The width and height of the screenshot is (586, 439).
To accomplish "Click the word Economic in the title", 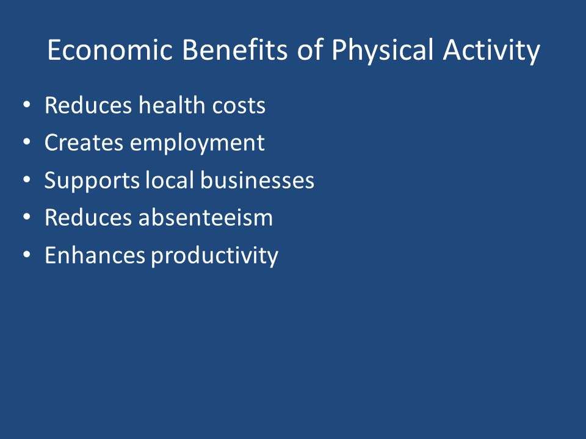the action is click(110, 49).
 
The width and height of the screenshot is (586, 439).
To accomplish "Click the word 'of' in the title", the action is click(310, 49).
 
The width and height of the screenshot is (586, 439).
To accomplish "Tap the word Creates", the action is click(84, 143).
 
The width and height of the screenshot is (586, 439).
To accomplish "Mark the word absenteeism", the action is click(206, 217).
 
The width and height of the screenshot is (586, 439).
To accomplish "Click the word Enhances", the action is click(95, 255).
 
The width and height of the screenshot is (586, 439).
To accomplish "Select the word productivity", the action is click(214, 256).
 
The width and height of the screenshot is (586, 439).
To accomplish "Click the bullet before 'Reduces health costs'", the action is click(26, 105).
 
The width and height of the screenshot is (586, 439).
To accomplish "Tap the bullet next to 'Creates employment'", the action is click(26, 142).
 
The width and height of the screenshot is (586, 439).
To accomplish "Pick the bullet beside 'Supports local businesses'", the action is click(26, 179).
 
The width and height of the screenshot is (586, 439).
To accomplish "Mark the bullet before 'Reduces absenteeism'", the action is click(26, 217).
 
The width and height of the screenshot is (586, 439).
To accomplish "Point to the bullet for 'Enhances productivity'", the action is click(26, 255).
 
